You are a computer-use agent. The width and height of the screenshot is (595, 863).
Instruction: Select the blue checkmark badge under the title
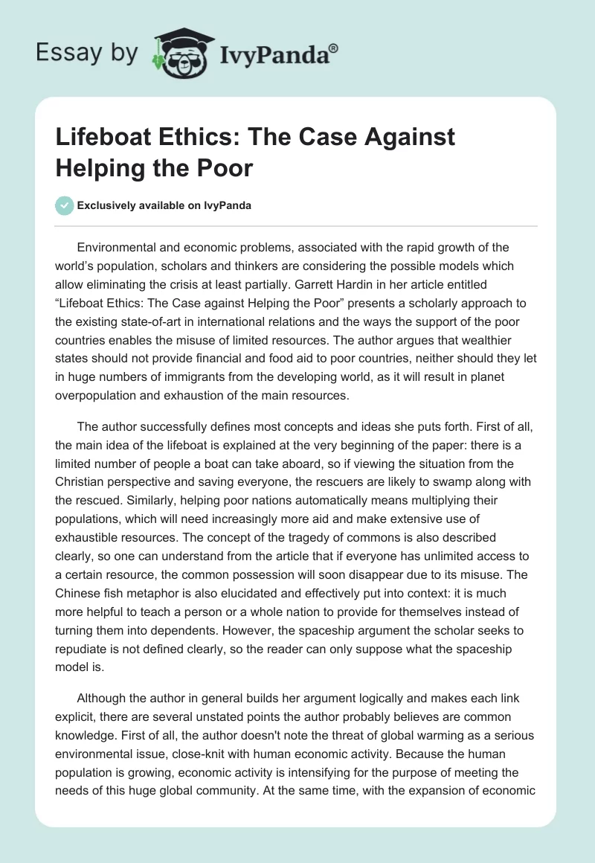[x=65, y=206]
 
